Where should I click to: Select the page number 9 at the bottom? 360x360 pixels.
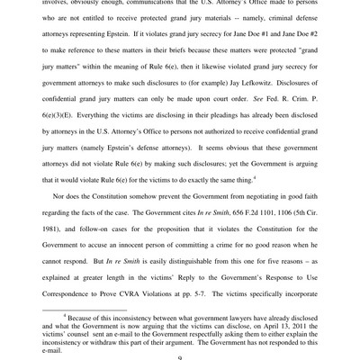pos(180,354)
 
